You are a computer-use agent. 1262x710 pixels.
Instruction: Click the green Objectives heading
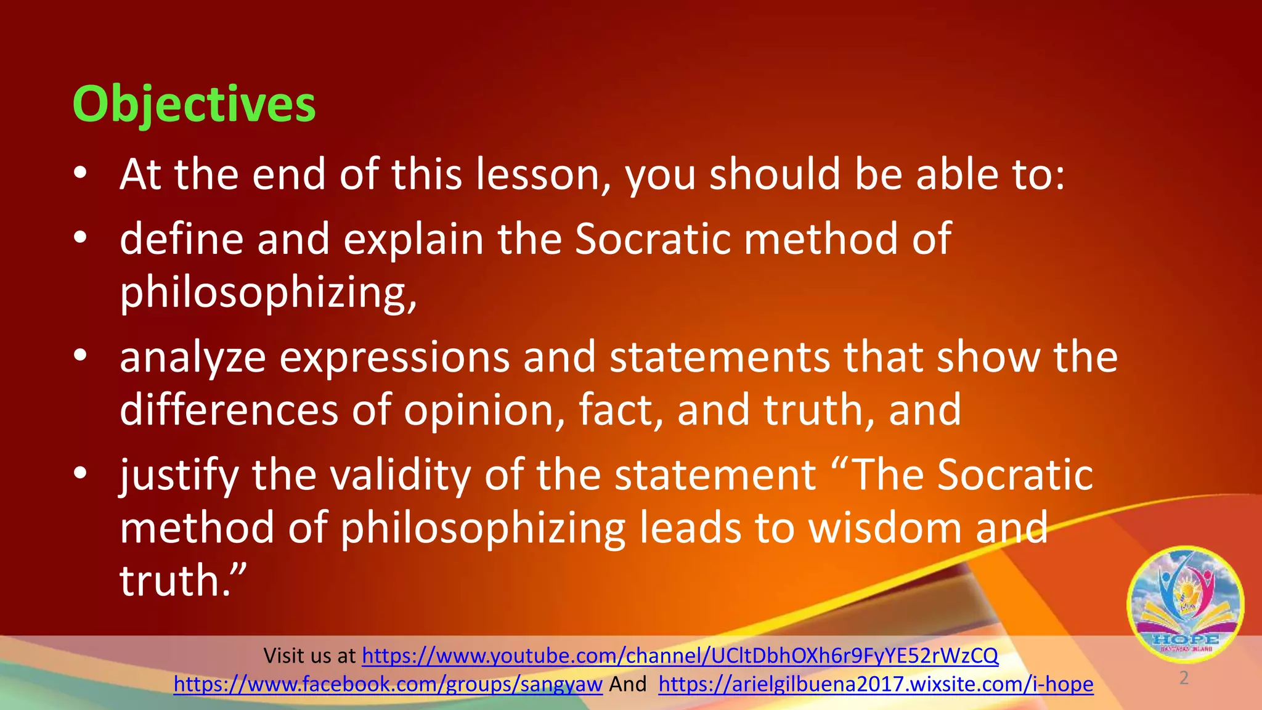pyautogui.click(x=194, y=104)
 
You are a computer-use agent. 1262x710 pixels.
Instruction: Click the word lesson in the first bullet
pyautogui.click(x=543, y=174)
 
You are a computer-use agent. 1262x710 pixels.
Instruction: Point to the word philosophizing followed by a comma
pyautogui.click(x=268, y=293)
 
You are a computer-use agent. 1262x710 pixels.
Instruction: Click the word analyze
pyautogui.click(x=192, y=358)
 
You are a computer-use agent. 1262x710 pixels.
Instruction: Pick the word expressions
pyautogui.click(x=394, y=358)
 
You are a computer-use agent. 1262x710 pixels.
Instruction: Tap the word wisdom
pyautogui.click(x=885, y=528)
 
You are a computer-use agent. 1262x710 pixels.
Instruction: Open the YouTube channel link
pyautogui.click(x=680, y=656)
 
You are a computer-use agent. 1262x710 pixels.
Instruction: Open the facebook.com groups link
pyautogui.click(x=388, y=684)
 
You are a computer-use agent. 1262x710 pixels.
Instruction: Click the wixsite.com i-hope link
pyautogui.click(x=876, y=684)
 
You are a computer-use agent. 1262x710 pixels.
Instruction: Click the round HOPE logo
pyautogui.click(x=1185, y=603)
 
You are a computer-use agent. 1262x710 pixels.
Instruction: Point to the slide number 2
pyautogui.click(x=1184, y=678)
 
